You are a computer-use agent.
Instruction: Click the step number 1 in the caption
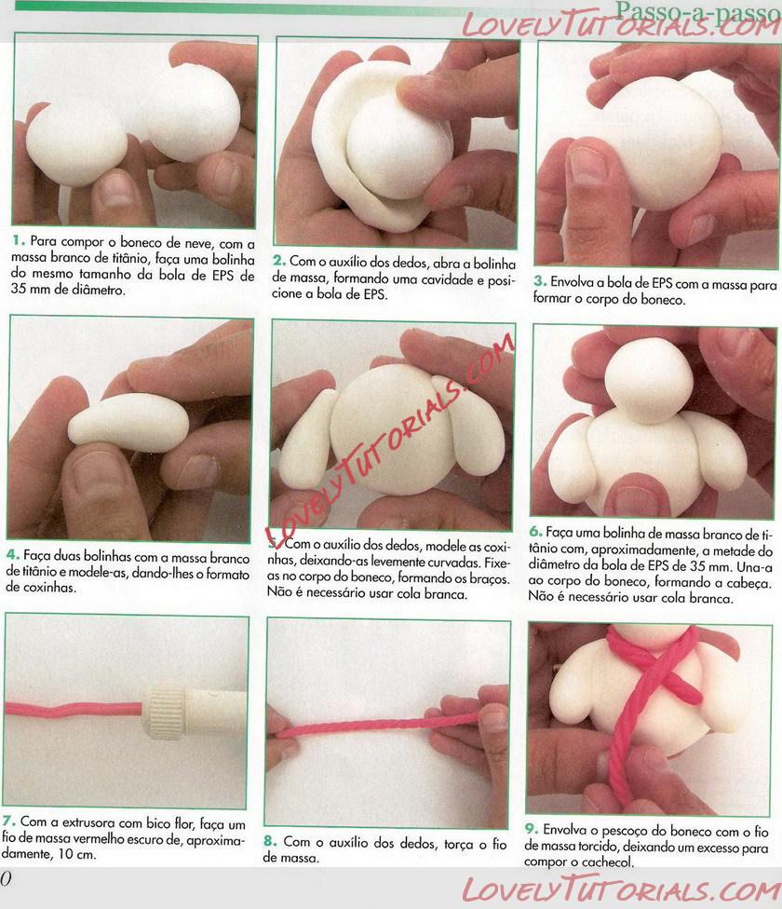point(19,240)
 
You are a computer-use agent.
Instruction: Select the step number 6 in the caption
point(535,532)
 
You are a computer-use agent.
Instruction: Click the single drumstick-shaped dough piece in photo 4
point(128,423)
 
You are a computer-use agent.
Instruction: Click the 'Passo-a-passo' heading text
point(698,11)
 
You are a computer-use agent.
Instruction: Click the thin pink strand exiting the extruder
point(74,709)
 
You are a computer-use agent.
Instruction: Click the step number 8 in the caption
point(270,841)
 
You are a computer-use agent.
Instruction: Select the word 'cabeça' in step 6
point(749,583)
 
